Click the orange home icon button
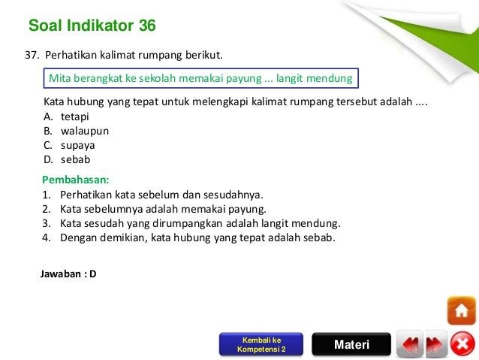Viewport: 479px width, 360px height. [x=461, y=310]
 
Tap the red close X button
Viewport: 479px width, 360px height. [x=462, y=345]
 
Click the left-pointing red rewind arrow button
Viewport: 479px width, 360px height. [x=409, y=345]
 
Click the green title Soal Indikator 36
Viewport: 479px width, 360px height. [x=92, y=26]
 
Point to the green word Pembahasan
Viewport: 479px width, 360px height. [x=76, y=180]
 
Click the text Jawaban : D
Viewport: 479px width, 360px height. [x=68, y=274]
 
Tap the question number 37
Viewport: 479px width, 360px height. [x=32, y=56]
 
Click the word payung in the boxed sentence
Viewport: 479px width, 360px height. [x=237, y=78]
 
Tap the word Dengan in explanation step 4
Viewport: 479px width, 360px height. [x=79, y=237]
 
